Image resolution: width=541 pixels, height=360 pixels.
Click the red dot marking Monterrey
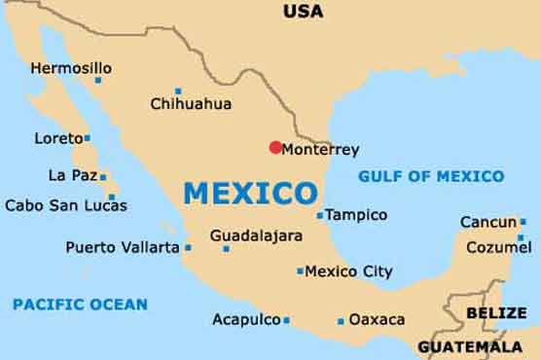(x=275, y=148)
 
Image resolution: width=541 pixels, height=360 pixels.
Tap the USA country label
(x=303, y=12)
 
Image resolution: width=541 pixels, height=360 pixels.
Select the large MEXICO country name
(x=251, y=193)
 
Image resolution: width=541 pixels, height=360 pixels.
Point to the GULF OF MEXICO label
(x=431, y=176)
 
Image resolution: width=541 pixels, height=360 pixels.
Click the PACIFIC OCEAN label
(x=80, y=305)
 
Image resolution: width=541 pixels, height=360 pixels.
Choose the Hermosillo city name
(x=71, y=68)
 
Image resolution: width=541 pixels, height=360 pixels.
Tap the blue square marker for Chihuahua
(x=177, y=90)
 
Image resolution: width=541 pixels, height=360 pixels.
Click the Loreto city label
(x=58, y=138)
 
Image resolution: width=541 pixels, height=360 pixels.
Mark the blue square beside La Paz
(x=102, y=177)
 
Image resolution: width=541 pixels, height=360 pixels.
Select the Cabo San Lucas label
(x=65, y=205)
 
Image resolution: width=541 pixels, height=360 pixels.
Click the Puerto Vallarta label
(x=123, y=247)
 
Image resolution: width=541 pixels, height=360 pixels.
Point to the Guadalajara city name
(x=256, y=235)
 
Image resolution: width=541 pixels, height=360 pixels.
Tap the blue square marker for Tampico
(x=320, y=216)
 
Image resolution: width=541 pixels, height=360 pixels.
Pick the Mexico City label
(x=349, y=271)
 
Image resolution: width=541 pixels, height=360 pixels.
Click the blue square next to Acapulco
(x=286, y=320)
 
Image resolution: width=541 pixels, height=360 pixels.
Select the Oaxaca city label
(x=377, y=319)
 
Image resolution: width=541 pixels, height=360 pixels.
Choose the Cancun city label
(x=488, y=222)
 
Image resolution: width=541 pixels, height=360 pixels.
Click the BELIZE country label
(x=496, y=312)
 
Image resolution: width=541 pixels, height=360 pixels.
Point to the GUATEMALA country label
(x=470, y=346)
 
